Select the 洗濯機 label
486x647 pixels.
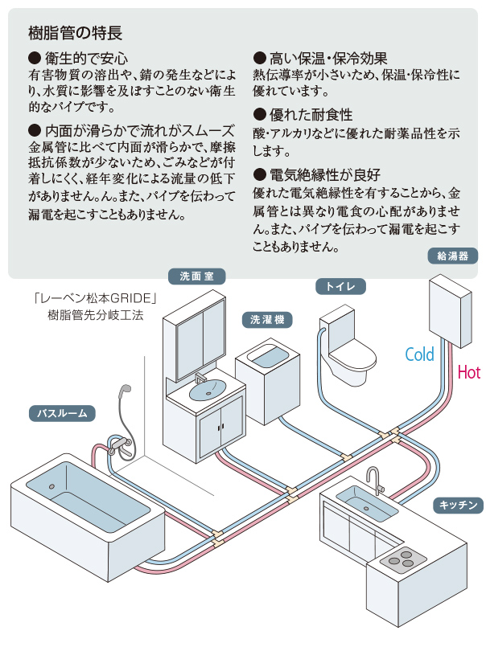pyautogui.click(x=266, y=320)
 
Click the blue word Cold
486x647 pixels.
pyautogui.click(x=419, y=354)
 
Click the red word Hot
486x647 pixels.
pyautogui.click(x=468, y=372)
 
